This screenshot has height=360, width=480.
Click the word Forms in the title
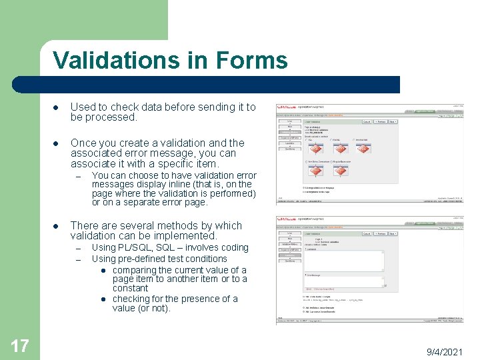(x=251, y=60)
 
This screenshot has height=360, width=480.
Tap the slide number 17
(x=20, y=345)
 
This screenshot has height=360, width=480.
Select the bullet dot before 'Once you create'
(x=58, y=143)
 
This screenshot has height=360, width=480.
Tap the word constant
(x=131, y=288)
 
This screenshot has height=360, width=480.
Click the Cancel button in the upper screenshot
(x=367, y=122)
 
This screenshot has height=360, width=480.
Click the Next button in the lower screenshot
(x=393, y=233)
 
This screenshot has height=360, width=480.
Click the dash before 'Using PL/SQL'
(x=78, y=247)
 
